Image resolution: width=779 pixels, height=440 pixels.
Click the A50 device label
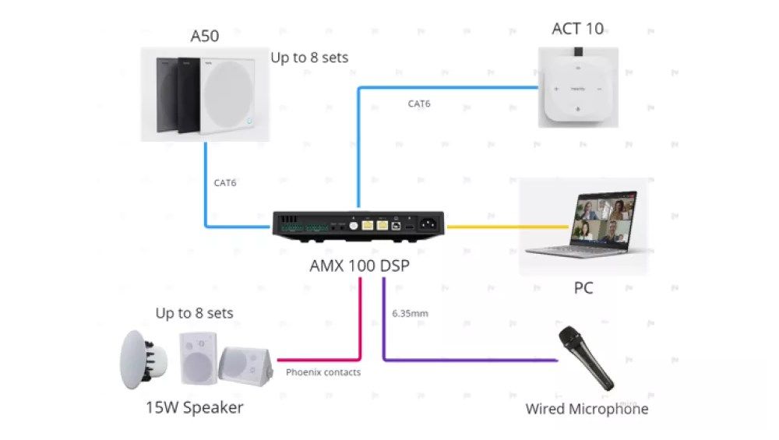(x=205, y=36)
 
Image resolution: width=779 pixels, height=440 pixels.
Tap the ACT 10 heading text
(x=578, y=29)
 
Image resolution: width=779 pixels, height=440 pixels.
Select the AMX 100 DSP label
(x=360, y=266)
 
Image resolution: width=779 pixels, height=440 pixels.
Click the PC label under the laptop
(x=583, y=288)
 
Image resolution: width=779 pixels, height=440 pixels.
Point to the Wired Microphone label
(x=587, y=409)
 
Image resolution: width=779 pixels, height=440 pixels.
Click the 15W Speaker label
(x=194, y=408)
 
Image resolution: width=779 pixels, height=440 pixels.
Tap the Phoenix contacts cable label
(x=323, y=372)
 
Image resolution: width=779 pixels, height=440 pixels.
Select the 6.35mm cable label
(x=410, y=313)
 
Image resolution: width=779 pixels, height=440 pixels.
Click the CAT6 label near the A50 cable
(x=224, y=183)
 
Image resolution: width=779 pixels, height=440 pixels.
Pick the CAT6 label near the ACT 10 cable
(x=419, y=104)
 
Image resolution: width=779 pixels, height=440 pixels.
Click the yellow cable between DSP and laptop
(x=507, y=227)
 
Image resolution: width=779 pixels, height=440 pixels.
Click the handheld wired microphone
(x=587, y=357)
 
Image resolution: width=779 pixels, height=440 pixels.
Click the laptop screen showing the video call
(x=604, y=219)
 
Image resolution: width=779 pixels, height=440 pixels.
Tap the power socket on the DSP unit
(x=428, y=224)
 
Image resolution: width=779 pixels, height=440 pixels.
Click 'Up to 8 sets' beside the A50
(x=309, y=58)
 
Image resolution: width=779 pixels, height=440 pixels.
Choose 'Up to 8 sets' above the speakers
(x=194, y=313)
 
